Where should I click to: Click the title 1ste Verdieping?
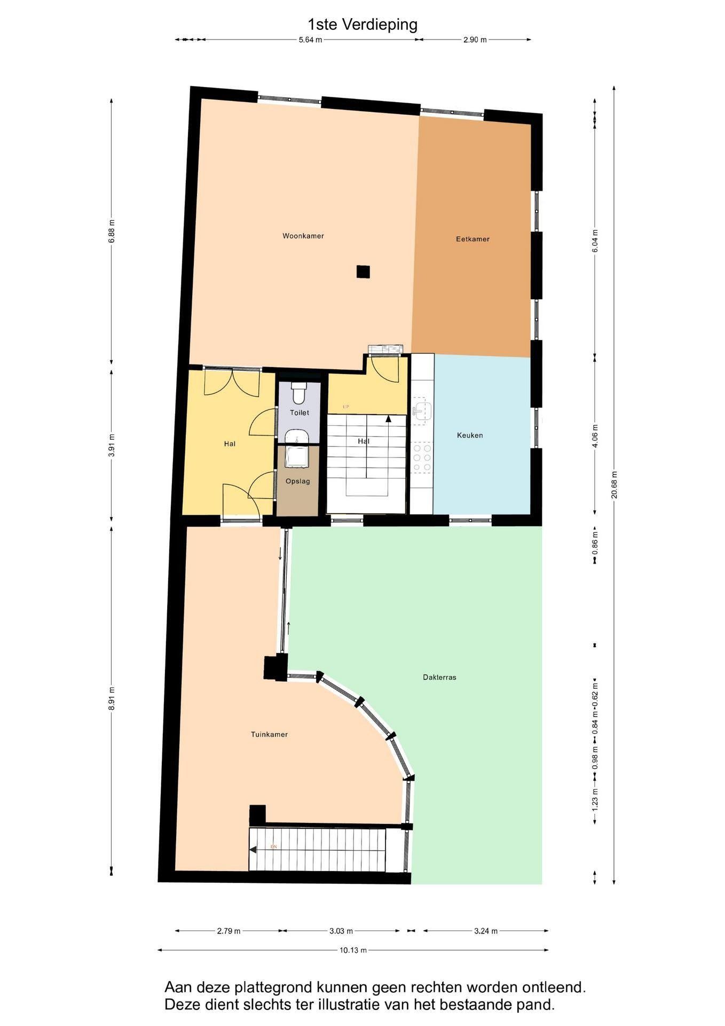tap(362, 25)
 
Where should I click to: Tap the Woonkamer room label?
tap(303, 236)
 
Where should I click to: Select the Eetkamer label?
tap(472, 239)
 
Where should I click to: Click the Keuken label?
tap(470, 435)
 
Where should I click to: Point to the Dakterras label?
tap(439, 677)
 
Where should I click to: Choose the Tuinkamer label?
tap(269, 734)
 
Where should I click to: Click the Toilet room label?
tap(300, 413)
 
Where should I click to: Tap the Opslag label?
tap(297, 481)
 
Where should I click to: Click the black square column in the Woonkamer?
tap(363, 272)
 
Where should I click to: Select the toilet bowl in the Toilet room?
tap(298, 392)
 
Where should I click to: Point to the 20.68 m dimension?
tap(614, 485)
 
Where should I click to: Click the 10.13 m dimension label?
tap(353, 950)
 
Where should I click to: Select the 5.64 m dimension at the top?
tap(310, 40)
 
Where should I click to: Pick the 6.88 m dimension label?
tap(111, 231)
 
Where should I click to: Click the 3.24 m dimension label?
tap(486, 931)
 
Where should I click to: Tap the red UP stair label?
tap(346, 407)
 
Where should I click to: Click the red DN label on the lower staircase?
tap(274, 847)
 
